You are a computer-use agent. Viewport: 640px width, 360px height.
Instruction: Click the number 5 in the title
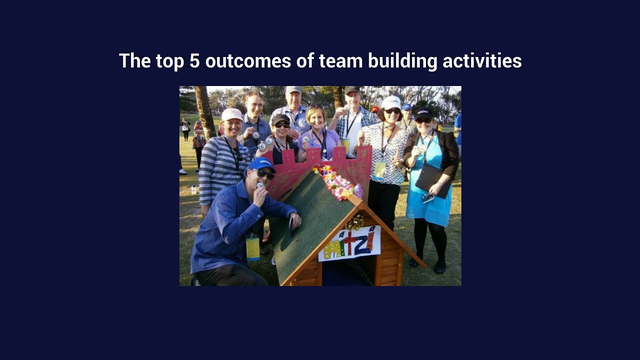click(x=194, y=61)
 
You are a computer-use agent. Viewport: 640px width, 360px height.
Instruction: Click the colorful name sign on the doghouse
click(x=349, y=243)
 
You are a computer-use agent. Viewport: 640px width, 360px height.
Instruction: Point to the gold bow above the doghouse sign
click(x=354, y=222)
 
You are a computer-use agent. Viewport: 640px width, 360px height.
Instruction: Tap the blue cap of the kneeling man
click(x=261, y=164)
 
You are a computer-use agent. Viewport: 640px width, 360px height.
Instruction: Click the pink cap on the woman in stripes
click(x=231, y=114)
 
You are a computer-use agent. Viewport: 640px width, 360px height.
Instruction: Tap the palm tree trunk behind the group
click(x=204, y=111)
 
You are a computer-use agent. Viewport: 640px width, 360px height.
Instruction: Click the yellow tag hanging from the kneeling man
click(x=253, y=248)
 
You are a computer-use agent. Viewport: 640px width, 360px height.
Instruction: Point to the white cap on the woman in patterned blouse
click(x=391, y=102)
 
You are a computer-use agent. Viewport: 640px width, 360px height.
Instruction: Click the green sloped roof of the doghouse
click(x=315, y=220)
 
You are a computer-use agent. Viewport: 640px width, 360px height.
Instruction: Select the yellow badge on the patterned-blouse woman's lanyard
click(x=380, y=169)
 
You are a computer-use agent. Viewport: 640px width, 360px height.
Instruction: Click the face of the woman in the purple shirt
click(x=316, y=118)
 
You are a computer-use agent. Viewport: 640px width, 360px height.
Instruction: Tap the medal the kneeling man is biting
click(x=259, y=185)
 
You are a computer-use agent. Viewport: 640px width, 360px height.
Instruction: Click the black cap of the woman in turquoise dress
click(x=424, y=113)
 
